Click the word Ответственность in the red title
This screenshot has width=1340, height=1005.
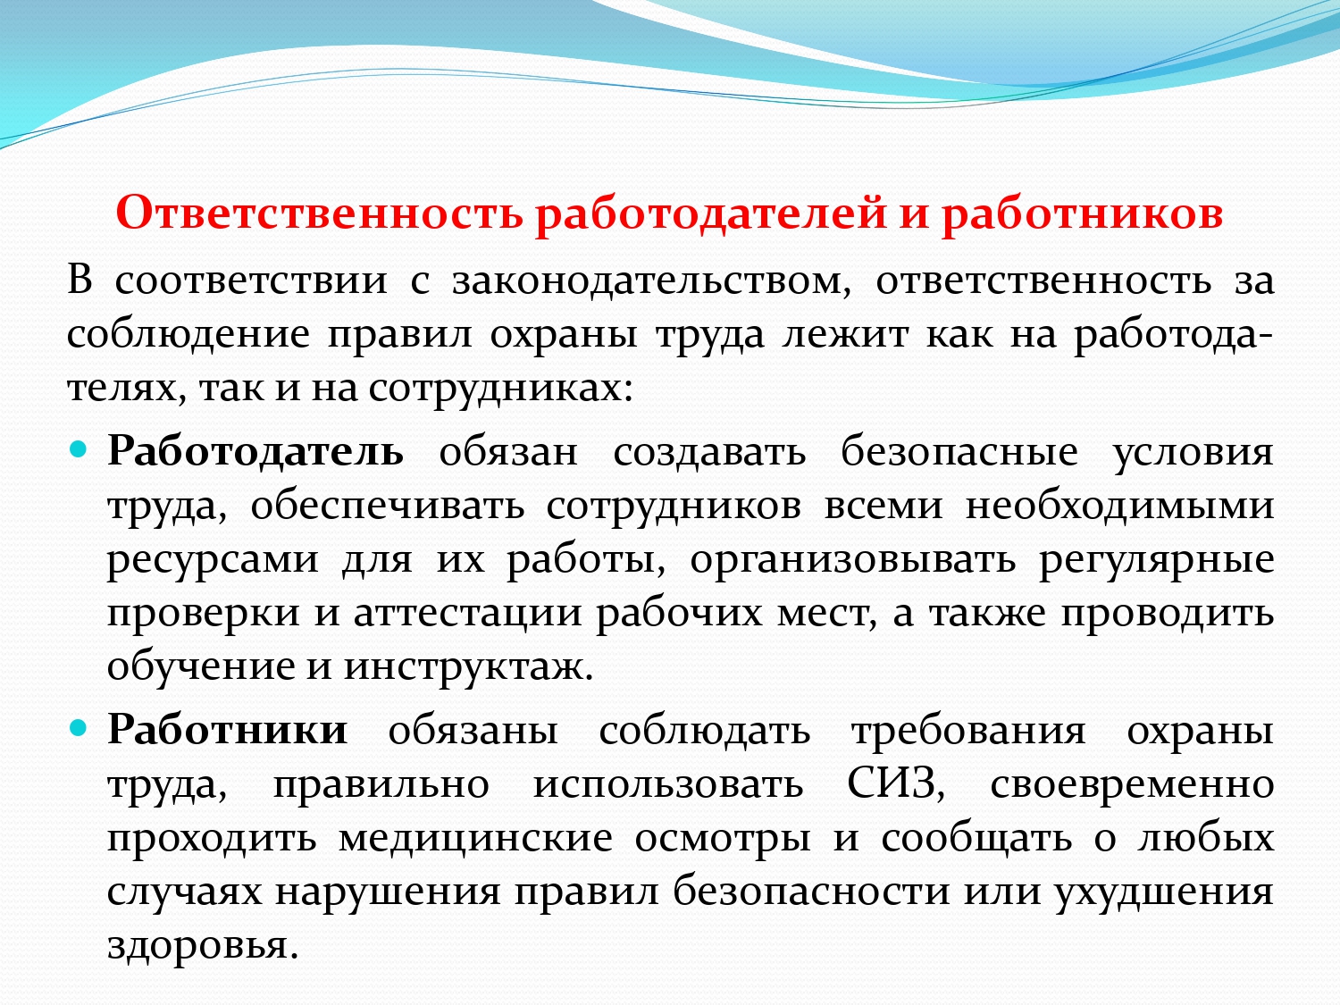pyautogui.click(x=319, y=213)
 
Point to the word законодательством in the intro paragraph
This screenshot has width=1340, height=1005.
pyautogui.click(x=651, y=281)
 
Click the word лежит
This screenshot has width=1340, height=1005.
pyautogui.click(x=845, y=336)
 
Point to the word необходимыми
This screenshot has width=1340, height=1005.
pyautogui.click(x=1119, y=506)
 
